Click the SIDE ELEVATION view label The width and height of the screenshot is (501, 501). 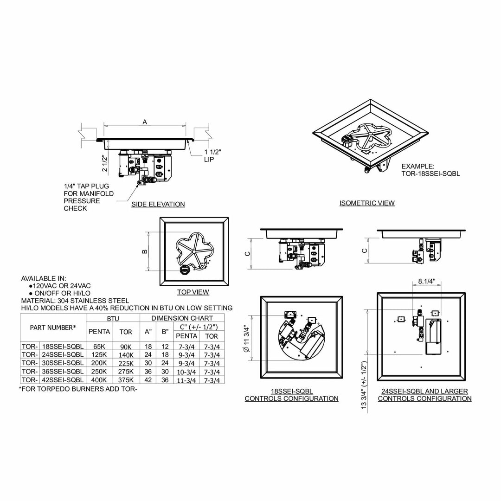pyautogui.click(x=158, y=204)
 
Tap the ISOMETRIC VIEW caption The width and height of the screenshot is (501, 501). pyautogui.click(x=367, y=203)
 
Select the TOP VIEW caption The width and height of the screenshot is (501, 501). pyautogui.click(x=193, y=292)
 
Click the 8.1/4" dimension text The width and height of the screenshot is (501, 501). pyautogui.click(x=426, y=281)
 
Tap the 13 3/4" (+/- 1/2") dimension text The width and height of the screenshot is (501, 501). pyautogui.click(x=364, y=384)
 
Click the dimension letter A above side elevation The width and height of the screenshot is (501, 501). pyautogui.click(x=145, y=122)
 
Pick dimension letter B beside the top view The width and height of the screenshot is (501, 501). pyautogui.click(x=145, y=251)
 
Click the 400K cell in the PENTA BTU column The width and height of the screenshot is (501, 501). pyautogui.click(x=99, y=380)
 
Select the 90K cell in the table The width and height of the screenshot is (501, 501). pyautogui.click(x=126, y=346)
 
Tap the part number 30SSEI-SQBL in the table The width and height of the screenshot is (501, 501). pyautogui.click(x=62, y=363)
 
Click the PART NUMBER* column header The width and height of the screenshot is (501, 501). pyautogui.click(x=53, y=328)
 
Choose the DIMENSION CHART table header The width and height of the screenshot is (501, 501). pyautogui.click(x=182, y=318)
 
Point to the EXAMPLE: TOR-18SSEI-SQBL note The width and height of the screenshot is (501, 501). pyautogui.click(x=430, y=170)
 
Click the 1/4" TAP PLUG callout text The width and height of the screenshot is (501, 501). pyautogui.click(x=88, y=197)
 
